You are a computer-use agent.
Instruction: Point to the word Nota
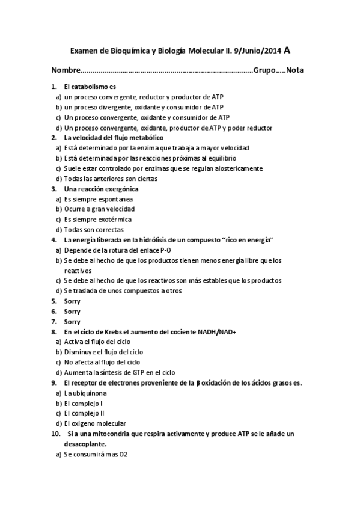(x=295, y=70)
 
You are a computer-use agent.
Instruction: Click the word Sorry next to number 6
(x=72, y=311)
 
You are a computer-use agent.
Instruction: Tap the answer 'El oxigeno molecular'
(x=96, y=423)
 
